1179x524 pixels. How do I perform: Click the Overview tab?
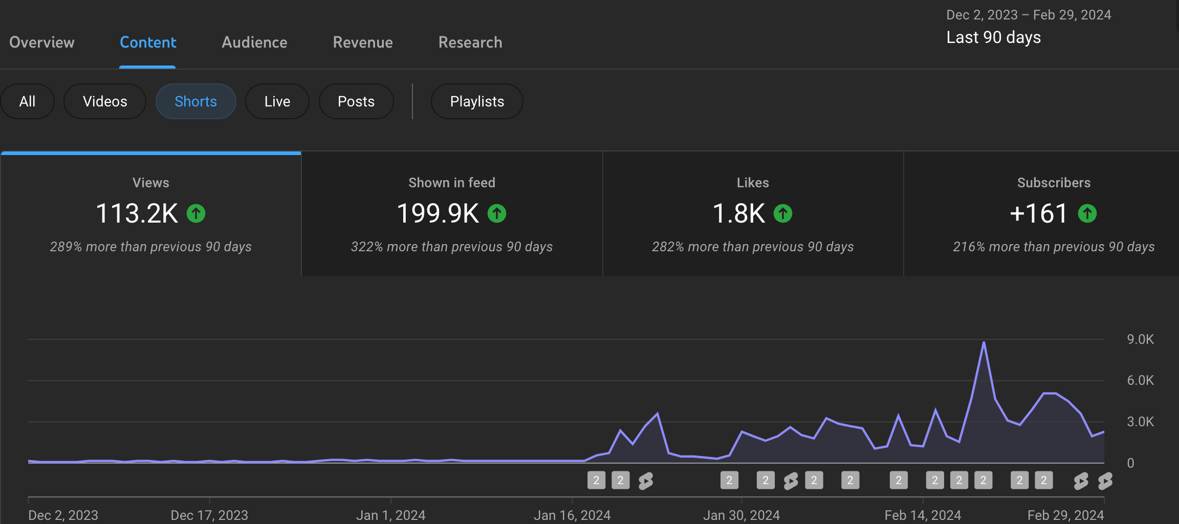tap(42, 42)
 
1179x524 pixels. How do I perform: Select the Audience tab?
tap(254, 42)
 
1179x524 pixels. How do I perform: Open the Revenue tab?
tap(363, 42)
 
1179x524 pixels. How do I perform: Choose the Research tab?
tap(470, 42)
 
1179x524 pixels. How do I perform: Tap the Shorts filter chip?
tap(195, 101)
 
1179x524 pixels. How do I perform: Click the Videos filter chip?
tap(105, 101)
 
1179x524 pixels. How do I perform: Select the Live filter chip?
tap(277, 101)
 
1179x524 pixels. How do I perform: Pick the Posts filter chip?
tap(356, 101)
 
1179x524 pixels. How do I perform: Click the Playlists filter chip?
tap(477, 101)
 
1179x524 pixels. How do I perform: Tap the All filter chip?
tap(27, 101)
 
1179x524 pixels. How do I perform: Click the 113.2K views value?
tap(137, 213)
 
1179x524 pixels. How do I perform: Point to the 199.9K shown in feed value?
tap(438, 213)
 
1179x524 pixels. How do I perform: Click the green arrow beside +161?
tap(1087, 213)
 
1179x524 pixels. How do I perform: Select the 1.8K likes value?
tap(739, 213)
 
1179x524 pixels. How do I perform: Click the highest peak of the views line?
tap(984, 343)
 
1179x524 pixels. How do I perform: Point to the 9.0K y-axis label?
tap(1140, 339)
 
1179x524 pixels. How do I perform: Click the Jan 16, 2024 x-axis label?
tap(572, 515)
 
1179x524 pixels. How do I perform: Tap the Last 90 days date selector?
tap(994, 37)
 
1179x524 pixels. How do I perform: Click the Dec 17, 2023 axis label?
tap(209, 515)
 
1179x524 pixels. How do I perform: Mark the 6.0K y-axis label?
tap(1140, 380)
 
